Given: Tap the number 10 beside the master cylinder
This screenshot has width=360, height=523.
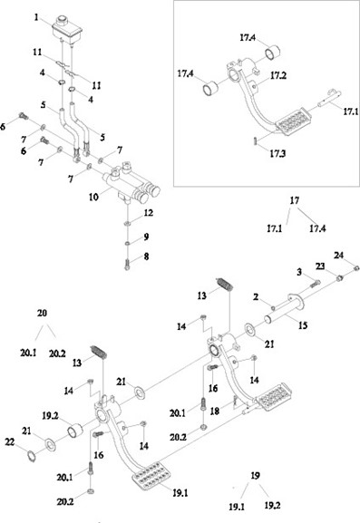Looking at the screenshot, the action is [x=93, y=197].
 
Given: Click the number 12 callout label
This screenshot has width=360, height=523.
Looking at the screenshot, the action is [x=149, y=213].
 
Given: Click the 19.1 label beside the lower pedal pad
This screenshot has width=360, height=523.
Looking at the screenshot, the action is [x=180, y=493].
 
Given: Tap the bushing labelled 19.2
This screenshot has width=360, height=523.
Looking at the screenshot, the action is [x=75, y=430].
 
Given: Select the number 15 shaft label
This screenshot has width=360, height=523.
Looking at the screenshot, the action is [x=303, y=325].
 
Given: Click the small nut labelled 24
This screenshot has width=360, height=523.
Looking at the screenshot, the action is [x=356, y=267].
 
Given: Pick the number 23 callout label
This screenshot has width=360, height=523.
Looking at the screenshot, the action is [x=320, y=266].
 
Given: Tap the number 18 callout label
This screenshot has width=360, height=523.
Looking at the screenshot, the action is [x=215, y=411].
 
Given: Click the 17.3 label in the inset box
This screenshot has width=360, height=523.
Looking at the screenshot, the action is [x=277, y=154].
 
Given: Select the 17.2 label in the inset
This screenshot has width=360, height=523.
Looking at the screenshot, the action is [x=278, y=76].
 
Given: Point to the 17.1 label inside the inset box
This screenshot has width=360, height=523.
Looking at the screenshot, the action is [x=351, y=111].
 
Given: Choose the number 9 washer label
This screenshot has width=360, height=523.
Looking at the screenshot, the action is [x=146, y=237].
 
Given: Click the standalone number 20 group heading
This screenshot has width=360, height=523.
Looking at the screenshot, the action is [x=42, y=314].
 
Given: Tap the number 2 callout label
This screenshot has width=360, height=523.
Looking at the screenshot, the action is [x=256, y=296].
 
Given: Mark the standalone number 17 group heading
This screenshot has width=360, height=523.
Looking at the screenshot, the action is [x=295, y=200].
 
